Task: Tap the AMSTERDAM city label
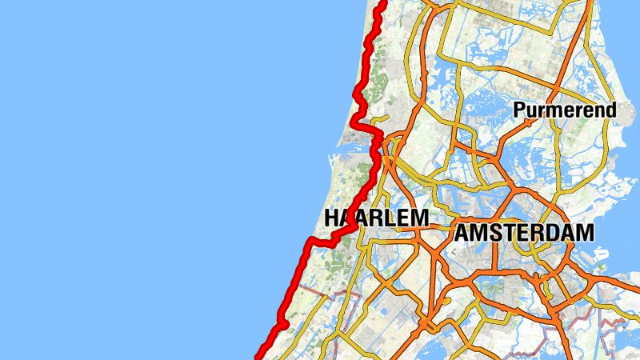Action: click(x=525, y=233)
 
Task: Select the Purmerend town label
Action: click(x=566, y=110)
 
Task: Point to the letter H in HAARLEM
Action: click(x=332, y=218)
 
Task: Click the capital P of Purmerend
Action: click(x=520, y=110)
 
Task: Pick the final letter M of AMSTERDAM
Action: click(x=586, y=233)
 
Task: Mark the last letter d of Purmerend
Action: click(x=611, y=110)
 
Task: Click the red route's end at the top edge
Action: click(x=383, y=2)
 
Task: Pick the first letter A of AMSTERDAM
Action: click(x=464, y=233)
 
